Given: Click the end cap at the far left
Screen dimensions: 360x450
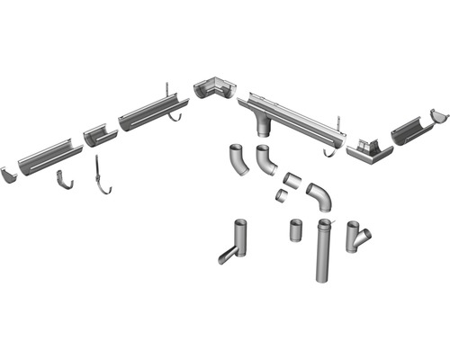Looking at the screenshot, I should (x=9, y=172).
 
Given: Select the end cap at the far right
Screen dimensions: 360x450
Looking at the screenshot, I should (x=438, y=116).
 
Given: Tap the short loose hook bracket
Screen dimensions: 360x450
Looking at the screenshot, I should (x=66, y=179).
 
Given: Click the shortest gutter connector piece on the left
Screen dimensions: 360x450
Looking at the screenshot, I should (x=100, y=135).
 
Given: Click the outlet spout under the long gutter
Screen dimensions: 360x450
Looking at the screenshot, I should (x=264, y=127).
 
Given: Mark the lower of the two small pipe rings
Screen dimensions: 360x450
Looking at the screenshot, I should (x=282, y=193).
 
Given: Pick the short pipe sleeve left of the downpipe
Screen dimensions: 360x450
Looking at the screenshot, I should (x=297, y=230).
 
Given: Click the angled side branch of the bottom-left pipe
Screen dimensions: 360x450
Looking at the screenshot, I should (x=227, y=256).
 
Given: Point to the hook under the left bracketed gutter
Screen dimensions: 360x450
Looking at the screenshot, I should (x=177, y=116).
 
